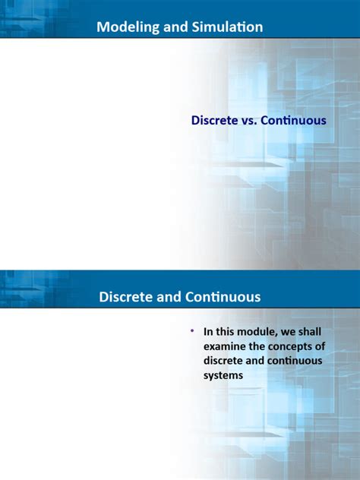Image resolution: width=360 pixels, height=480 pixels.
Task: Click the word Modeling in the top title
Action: click(125, 27)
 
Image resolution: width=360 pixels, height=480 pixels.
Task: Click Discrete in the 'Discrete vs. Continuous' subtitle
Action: click(215, 120)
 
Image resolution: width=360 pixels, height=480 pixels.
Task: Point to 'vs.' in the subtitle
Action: click(252, 120)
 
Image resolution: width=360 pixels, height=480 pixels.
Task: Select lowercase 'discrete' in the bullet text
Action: click(224, 361)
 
